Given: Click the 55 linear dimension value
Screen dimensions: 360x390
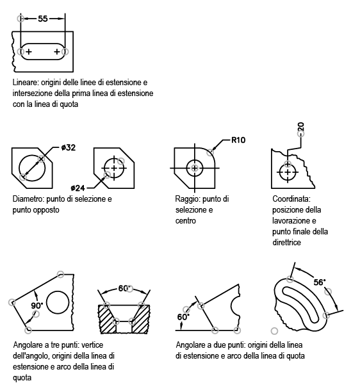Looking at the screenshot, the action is (x=42, y=19).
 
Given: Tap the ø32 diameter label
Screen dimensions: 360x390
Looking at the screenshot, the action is (x=68, y=147).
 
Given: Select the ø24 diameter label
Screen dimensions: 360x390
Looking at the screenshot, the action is (x=78, y=188).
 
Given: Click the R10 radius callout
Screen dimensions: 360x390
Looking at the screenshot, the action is (x=238, y=140).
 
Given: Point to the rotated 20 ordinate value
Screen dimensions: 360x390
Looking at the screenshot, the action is (x=300, y=126).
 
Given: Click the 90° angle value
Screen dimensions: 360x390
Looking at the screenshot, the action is (x=37, y=305).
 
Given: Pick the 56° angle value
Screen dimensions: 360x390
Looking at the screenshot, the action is (x=320, y=282).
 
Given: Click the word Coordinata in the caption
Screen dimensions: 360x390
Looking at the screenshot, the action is (x=291, y=199).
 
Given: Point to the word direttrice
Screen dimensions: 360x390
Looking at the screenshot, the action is (x=286, y=242).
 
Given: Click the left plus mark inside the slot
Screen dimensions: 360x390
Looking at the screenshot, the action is (x=29, y=52).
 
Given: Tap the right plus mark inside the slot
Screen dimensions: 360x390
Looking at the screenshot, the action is (x=57, y=52).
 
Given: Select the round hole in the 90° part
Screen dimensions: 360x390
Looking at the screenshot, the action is (x=58, y=302).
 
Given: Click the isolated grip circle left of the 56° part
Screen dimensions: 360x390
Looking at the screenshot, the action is (x=274, y=331).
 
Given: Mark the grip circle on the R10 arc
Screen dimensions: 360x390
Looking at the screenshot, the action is (x=211, y=152).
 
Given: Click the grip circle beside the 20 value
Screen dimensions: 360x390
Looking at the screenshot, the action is (x=301, y=134).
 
